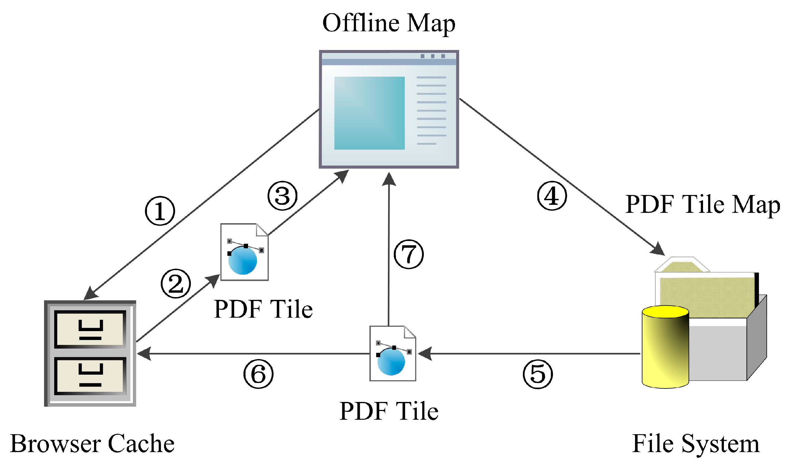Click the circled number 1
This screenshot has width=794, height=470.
coord(160,211)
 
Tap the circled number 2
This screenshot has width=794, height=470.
coord(175,284)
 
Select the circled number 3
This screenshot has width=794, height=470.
coord(282,196)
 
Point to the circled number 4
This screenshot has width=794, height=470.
coord(552,196)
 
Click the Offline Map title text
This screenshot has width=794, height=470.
coord(389,23)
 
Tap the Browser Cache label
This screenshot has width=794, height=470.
coord(92,443)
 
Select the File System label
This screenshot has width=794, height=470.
coord(695,443)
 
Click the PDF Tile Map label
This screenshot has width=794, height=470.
coord(702,204)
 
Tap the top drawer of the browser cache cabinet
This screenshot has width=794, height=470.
coord(90,329)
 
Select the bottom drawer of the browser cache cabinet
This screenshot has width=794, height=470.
coord(90,376)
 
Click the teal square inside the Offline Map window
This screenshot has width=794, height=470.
coord(369,113)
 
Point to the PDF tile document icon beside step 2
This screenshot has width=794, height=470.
coord(244,252)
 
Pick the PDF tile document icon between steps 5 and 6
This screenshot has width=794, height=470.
coord(393,353)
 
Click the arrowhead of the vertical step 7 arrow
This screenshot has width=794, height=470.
coord(389,179)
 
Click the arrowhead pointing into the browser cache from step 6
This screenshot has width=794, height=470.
coord(144,353)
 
